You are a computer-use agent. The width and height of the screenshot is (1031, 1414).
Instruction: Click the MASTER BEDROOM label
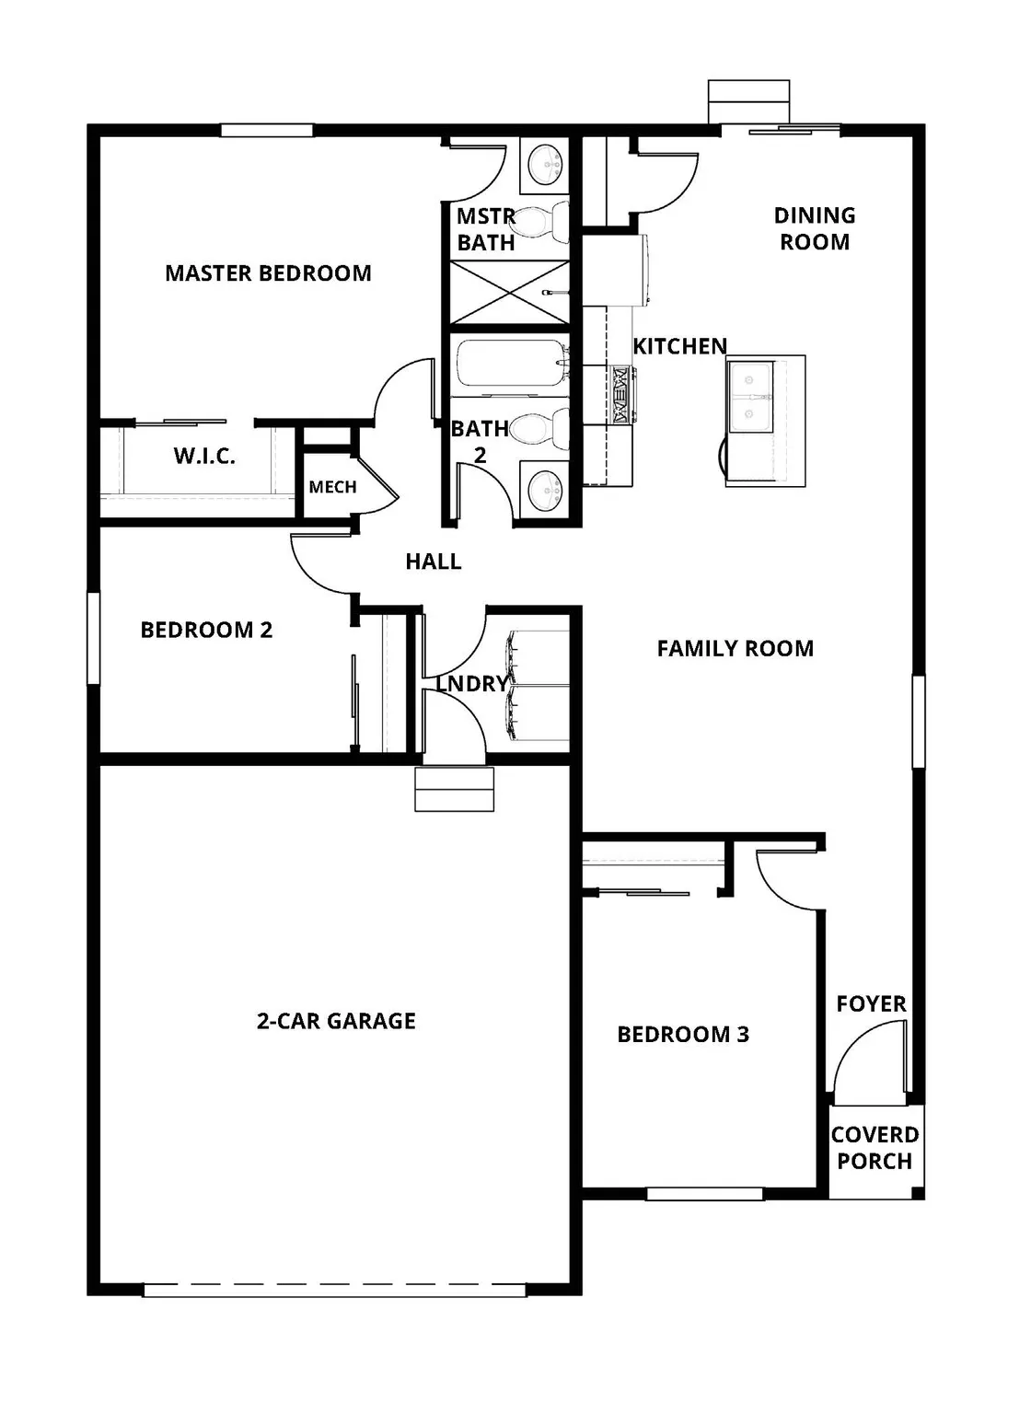click(x=268, y=273)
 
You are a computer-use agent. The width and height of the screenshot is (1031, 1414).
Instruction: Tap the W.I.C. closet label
click(x=204, y=456)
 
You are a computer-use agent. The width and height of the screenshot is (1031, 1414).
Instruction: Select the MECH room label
click(x=332, y=487)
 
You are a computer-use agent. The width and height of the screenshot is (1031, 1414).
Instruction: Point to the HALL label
click(x=433, y=562)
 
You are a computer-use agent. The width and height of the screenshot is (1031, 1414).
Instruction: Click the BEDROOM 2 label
click(x=206, y=630)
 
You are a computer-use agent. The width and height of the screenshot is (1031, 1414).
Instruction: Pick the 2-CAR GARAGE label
click(x=336, y=1021)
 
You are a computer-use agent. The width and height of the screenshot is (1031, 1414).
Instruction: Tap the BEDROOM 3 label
click(x=683, y=1035)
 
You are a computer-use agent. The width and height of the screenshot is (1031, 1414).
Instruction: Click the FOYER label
click(x=871, y=1003)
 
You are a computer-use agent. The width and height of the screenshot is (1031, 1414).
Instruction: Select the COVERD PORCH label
click(x=875, y=1148)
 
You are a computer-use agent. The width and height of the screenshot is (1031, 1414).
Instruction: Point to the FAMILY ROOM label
click(x=735, y=649)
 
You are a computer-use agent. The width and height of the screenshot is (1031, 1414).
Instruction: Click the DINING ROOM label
click(x=815, y=228)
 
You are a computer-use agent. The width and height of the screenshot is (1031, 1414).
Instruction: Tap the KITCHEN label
click(x=679, y=346)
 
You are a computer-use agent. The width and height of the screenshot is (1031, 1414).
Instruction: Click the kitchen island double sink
click(x=750, y=397)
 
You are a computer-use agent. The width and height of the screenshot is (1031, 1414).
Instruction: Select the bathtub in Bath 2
click(x=509, y=364)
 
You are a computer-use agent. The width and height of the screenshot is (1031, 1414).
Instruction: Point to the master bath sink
click(x=545, y=165)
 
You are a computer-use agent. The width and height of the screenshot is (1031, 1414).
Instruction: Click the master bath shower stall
click(x=509, y=293)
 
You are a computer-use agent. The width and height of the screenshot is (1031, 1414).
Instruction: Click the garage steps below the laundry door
click(x=454, y=789)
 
